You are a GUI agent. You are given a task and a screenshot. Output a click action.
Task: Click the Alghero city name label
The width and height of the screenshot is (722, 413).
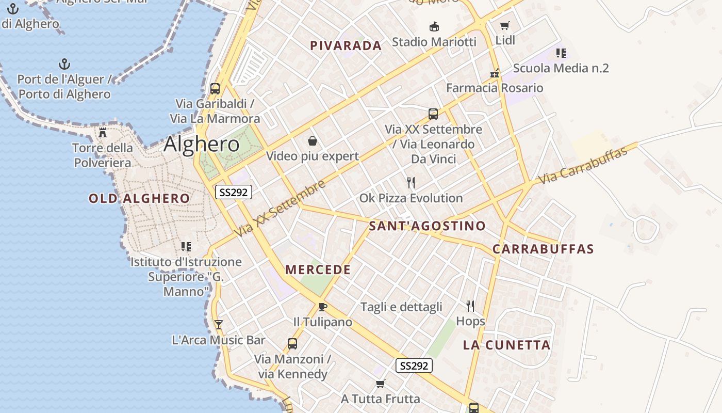click(202, 144)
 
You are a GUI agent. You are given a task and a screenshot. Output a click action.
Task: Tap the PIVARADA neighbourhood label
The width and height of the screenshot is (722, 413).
click(346, 45)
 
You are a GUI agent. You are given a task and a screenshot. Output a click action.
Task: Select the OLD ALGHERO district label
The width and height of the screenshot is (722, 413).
click(139, 198)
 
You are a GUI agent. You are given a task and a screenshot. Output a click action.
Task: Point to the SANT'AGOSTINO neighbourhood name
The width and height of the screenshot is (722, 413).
click(427, 226)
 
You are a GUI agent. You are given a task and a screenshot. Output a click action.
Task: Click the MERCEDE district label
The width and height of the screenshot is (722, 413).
click(318, 269)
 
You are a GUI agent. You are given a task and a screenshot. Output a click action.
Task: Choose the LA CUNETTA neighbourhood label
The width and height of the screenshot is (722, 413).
click(506, 345)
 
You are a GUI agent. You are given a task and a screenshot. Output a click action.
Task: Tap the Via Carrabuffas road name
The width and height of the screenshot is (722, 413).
click(583, 165)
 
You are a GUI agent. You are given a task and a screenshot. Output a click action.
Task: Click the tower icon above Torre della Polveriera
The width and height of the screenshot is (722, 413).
click(103, 132)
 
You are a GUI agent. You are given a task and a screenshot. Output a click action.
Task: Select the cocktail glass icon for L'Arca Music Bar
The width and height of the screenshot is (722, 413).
click(219, 324)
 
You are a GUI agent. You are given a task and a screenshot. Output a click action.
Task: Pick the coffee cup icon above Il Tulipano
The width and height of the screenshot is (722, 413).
click(323, 307)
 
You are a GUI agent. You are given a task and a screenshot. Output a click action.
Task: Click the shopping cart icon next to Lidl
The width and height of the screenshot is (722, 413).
click(505, 25)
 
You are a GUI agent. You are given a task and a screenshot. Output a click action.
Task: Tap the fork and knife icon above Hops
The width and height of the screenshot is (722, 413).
click(470, 306)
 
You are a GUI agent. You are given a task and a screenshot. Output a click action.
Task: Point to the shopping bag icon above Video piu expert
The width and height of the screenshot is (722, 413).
click(313, 140)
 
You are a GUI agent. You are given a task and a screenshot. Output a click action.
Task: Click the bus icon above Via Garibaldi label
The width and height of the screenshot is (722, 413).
click(215, 88)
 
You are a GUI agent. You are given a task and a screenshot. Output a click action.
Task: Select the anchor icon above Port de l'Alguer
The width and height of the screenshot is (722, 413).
click(64, 64)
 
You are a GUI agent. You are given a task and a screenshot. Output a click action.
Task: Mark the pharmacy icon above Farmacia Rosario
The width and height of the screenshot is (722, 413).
click(495, 73)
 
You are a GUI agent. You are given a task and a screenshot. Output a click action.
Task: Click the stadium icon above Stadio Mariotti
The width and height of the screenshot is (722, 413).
click(434, 26)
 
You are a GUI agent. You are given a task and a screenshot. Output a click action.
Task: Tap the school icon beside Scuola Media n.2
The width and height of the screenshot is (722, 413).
click(561, 53)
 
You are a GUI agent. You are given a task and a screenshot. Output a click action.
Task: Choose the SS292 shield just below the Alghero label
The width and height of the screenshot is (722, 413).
click(234, 193)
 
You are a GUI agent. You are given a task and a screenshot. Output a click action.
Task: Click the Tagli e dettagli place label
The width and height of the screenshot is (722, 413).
click(401, 307)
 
